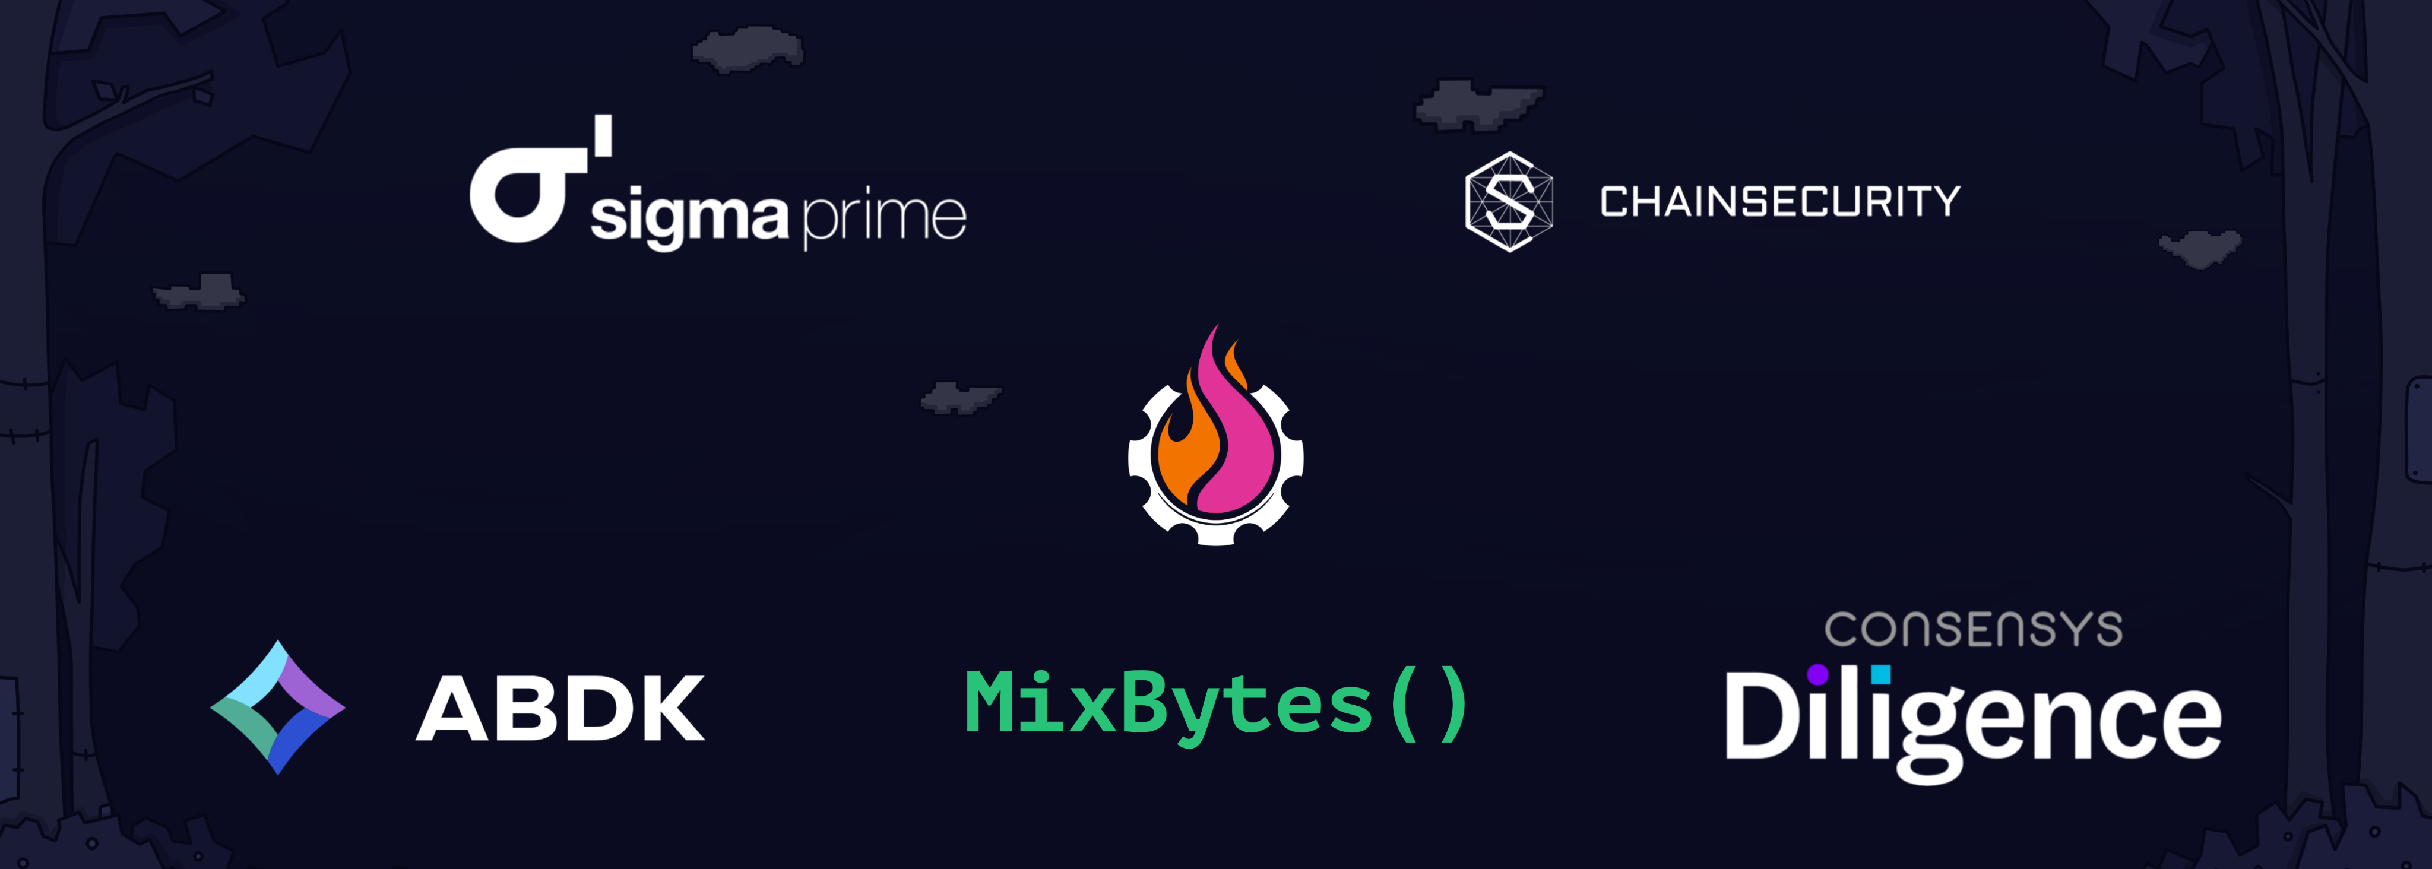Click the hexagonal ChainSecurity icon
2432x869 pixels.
[x=1509, y=202]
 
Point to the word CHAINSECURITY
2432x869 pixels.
[x=1779, y=202]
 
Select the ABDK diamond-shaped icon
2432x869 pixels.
[x=277, y=708]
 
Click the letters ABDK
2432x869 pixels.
[x=560, y=709]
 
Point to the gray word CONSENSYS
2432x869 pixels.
[x=1973, y=629]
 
